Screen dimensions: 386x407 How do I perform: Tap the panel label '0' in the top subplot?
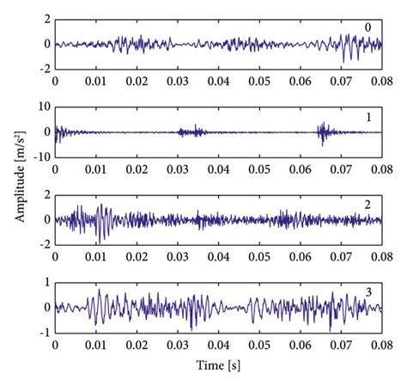click(368, 28)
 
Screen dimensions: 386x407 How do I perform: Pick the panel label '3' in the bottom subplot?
click(368, 292)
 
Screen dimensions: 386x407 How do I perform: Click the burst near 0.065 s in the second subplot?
click(324, 132)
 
